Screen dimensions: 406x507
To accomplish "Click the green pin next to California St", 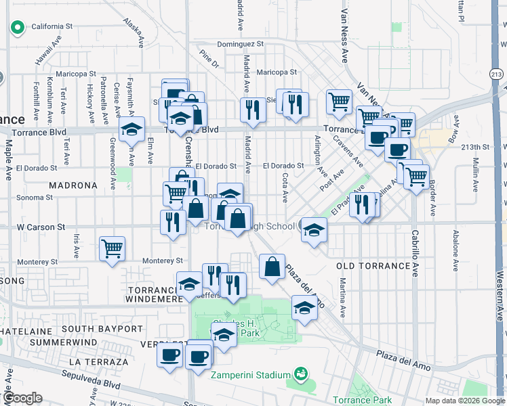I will tap(17, 27).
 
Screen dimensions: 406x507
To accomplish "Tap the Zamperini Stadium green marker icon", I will tap(300, 374).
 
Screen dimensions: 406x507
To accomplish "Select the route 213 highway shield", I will tap(497, 74).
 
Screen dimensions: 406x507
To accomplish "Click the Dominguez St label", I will tap(240, 45).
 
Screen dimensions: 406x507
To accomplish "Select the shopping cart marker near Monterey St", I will tap(112, 248).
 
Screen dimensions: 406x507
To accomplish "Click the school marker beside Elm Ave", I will tap(131, 128).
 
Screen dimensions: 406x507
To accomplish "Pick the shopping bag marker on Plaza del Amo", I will tap(272, 267).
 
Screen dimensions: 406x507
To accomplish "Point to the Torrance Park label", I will tap(363, 400).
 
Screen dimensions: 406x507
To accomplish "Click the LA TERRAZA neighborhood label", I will tap(98, 362).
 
